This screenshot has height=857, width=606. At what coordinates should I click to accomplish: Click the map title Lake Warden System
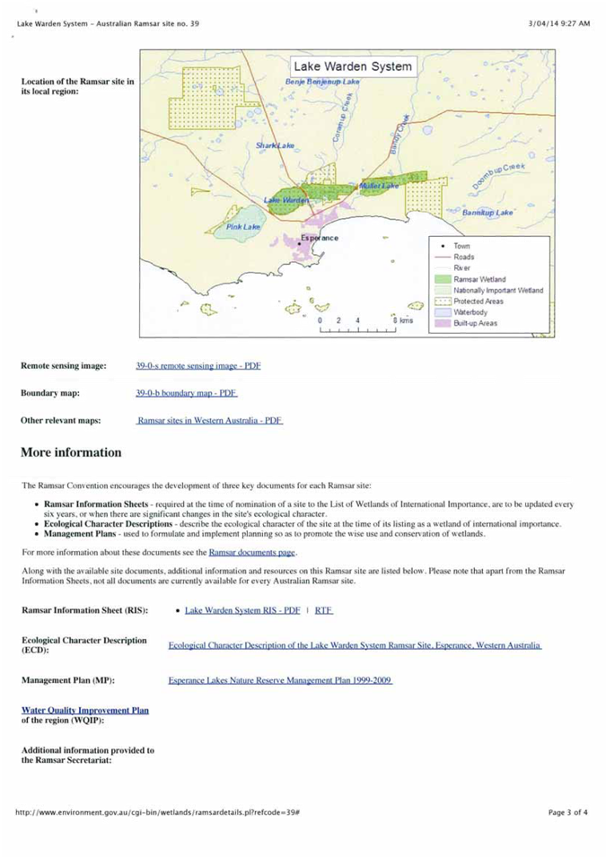point(353,66)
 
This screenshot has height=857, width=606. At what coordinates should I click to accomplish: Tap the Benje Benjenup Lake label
point(322,82)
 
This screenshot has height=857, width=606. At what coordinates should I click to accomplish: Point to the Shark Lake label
point(275,145)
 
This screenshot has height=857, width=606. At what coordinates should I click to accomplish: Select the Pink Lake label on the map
point(242,227)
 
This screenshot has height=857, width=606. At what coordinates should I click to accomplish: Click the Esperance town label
point(320,238)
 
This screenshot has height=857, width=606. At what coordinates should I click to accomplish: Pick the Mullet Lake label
point(379,186)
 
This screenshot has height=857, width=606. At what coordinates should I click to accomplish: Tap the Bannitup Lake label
point(487,213)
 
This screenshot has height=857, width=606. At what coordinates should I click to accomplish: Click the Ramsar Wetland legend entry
point(479,279)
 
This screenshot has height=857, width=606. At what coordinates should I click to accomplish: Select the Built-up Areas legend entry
point(476,323)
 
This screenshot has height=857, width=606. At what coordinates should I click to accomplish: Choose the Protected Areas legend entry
point(478,302)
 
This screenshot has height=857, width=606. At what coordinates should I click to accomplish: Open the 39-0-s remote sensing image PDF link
point(198,366)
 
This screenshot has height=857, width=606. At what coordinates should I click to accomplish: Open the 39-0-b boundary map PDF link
point(186,393)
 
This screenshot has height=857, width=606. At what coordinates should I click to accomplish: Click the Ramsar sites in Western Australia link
point(210,420)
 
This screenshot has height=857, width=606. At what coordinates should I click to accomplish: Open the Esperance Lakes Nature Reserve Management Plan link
point(280,681)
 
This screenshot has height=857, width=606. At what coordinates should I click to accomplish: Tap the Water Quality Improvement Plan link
point(85,710)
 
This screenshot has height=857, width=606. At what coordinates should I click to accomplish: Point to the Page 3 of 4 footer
point(568,812)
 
